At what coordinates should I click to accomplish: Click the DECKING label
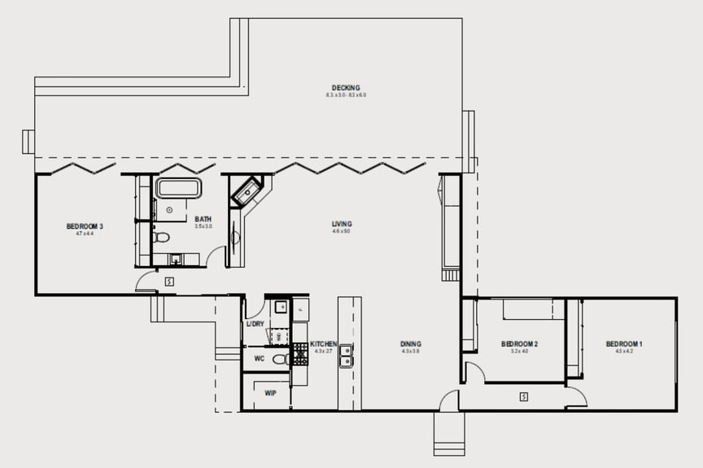(x=346, y=88)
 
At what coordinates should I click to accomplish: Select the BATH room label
(x=203, y=219)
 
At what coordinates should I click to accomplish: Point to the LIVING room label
(x=342, y=224)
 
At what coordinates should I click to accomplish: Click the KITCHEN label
(x=323, y=344)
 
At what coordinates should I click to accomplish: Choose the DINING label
(x=411, y=344)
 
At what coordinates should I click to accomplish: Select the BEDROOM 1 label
(x=625, y=344)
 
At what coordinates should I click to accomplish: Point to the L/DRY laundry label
(x=255, y=324)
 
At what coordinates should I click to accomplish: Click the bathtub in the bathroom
(x=178, y=188)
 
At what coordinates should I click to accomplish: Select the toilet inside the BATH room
(x=161, y=238)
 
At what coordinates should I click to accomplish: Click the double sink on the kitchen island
(x=346, y=355)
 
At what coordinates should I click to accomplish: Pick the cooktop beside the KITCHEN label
(x=301, y=351)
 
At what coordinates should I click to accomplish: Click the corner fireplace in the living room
(x=247, y=193)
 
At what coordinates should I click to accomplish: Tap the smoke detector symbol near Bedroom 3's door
(x=168, y=282)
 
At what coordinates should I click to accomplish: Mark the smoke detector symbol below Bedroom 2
(x=524, y=397)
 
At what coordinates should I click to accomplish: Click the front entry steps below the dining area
(x=449, y=434)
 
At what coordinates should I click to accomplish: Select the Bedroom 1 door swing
(x=576, y=396)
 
